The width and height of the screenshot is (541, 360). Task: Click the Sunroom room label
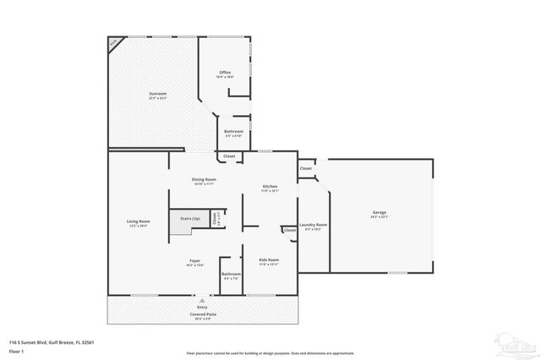click(157, 93)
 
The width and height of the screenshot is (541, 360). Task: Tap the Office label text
click(225, 72)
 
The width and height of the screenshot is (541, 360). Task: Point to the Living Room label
click(138, 221)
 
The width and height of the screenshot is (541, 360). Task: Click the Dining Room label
click(204, 179)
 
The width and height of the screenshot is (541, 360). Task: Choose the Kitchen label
click(270, 186)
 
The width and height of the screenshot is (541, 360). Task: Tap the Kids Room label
click(268, 260)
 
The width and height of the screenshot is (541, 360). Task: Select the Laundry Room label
click(314, 225)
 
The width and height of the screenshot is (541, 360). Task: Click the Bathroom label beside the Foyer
click(231, 275)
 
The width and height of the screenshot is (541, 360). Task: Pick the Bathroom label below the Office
click(234, 131)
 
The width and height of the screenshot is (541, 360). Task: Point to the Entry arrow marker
click(201, 298)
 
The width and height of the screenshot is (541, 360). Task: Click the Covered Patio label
click(202, 314)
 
